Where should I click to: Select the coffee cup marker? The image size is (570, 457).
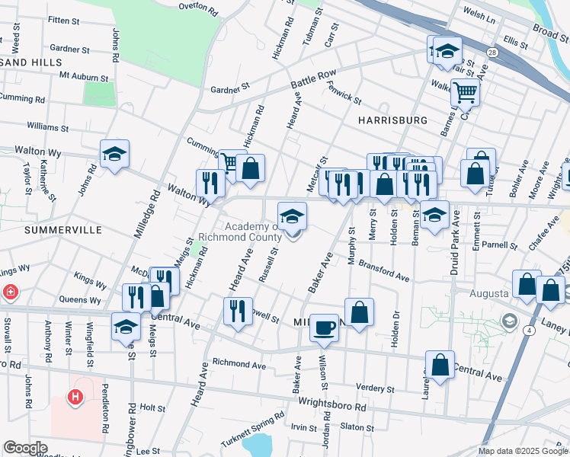(x=325, y=328)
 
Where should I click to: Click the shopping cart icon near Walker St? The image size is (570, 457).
(x=465, y=93)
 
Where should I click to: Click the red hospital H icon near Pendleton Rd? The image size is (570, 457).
(x=75, y=397)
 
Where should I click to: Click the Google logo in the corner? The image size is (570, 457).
(x=26, y=448)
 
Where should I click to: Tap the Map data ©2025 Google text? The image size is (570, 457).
(x=524, y=451)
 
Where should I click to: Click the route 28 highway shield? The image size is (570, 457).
(x=492, y=53)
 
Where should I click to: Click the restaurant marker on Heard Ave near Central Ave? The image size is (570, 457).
(x=238, y=311)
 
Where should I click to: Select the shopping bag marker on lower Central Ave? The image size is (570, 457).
(x=440, y=365)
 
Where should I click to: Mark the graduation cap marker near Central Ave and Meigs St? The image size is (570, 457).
(x=126, y=328)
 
